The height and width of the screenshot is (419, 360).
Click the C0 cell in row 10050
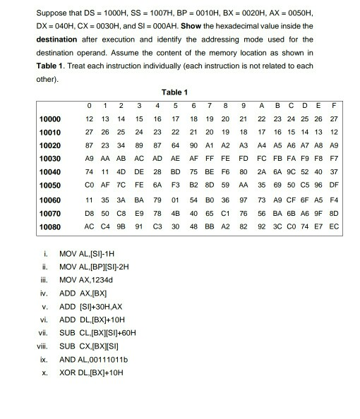(x=89, y=185)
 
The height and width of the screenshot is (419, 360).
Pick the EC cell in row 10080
(x=334, y=226)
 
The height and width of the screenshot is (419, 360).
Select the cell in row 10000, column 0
(x=89, y=118)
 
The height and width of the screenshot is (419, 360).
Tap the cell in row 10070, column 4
(x=159, y=213)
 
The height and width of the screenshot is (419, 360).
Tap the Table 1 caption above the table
(x=174, y=92)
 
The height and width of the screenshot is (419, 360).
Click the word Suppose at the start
(x=52, y=13)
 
